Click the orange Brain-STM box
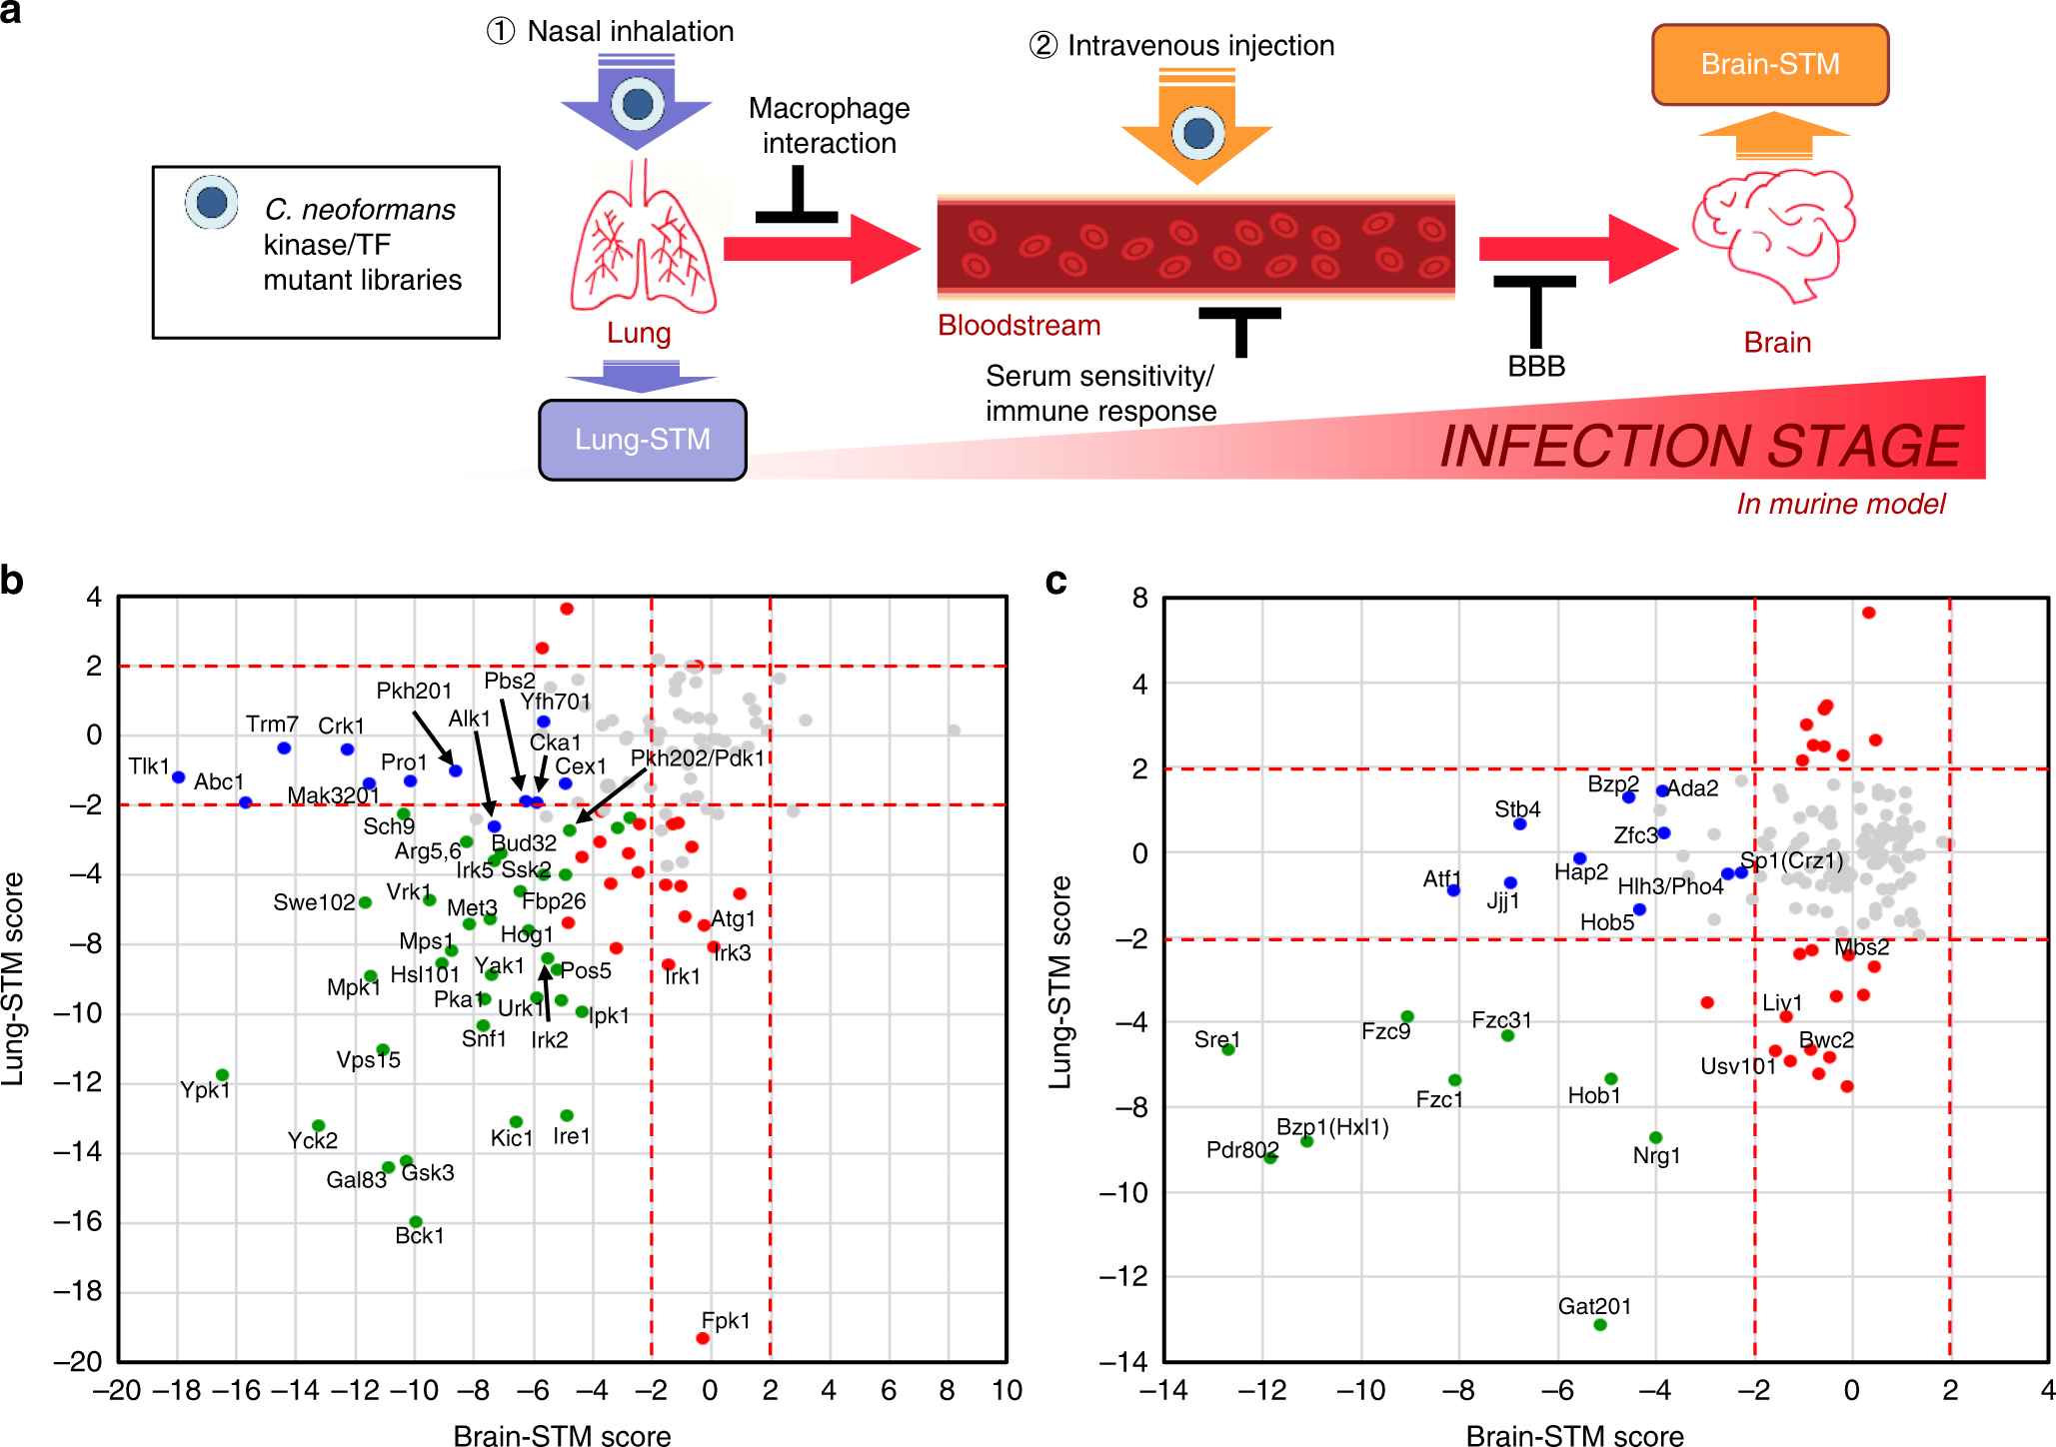pos(1769,65)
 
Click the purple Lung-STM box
pos(642,440)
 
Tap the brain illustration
pos(1773,235)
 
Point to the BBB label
pos(1535,367)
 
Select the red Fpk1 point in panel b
pos(703,1338)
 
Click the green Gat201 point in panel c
pos(1600,1325)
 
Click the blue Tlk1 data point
pos(179,777)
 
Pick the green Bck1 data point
pos(416,1221)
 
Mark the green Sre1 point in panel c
pos(1228,1049)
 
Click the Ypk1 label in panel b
pos(205,1090)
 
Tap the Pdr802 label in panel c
pos(1241,1149)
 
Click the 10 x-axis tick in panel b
pos(1007,1390)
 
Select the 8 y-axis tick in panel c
pos(1140,599)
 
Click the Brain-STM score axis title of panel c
pos(1574,1436)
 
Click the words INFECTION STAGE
pos(1700,446)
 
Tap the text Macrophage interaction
pos(829,126)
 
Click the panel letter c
pos(1055,581)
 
